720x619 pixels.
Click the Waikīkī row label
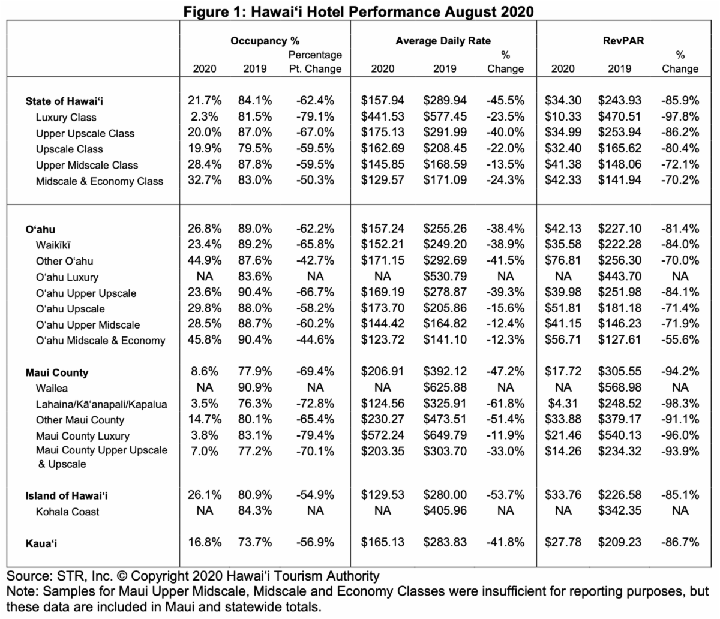53,245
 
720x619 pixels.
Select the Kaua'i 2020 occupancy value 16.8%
205,542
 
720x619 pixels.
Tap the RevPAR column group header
623,41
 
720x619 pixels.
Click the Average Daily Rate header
443,41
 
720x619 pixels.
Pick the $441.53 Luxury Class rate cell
382,116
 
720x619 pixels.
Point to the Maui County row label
57,372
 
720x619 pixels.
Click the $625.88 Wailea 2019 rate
445,387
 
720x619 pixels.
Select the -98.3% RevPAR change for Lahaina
680,404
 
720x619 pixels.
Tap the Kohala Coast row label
67,512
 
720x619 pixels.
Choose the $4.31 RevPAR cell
563,404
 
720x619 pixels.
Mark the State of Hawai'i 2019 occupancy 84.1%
254,100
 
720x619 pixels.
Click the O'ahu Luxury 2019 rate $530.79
445,276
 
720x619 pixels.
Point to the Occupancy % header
265,41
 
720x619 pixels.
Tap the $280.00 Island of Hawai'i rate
445,495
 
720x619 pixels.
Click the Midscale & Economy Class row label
99,181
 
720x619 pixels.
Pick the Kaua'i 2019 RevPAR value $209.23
619,542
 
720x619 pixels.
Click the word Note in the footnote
22,591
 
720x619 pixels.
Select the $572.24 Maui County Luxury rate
382,435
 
